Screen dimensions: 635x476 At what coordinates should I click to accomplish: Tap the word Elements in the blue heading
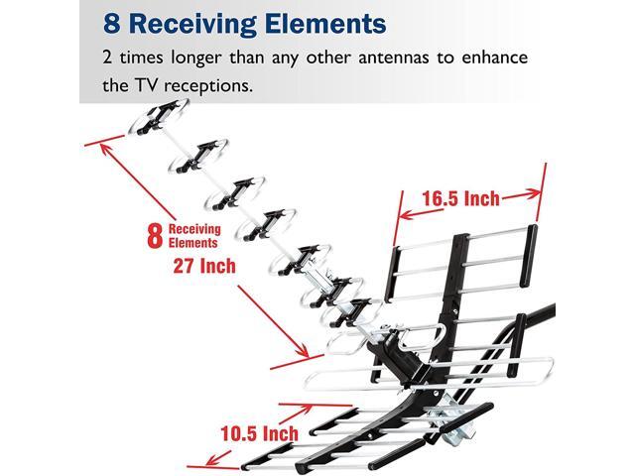click(322, 21)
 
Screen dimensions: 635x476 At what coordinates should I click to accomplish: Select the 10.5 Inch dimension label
click(260, 433)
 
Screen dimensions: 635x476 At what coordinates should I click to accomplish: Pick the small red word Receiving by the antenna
click(194, 229)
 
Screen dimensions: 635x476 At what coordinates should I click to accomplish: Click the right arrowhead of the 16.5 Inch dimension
click(538, 191)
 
